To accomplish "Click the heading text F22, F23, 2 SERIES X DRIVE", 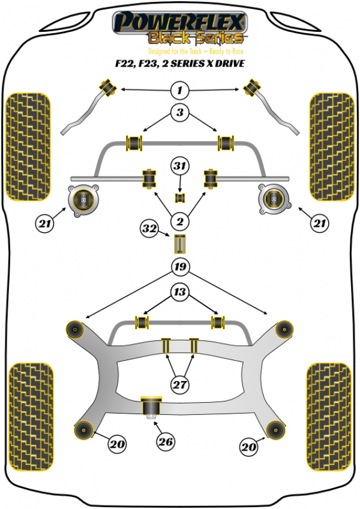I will click(180, 62).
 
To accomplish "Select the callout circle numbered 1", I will click(179, 91).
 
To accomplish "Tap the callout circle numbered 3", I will click(179, 112).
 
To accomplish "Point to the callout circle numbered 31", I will click(179, 166).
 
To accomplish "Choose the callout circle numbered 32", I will click(149, 229).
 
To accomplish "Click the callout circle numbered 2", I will click(179, 222).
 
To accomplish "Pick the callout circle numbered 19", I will click(179, 266).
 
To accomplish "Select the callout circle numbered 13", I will click(179, 292).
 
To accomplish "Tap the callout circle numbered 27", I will click(179, 385).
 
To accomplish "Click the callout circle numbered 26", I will click(166, 442).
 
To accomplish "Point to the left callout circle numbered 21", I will click(44, 224).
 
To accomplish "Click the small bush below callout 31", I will click(179, 197).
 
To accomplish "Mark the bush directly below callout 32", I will click(179, 245).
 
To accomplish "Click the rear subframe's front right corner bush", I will click(283, 329).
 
